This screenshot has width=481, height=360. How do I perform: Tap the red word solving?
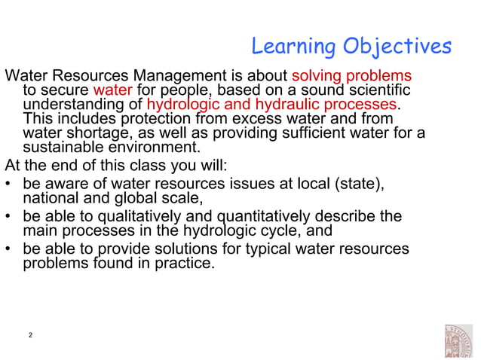pyautogui.click(x=317, y=77)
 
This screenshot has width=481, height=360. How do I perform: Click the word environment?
pyautogui.click(x=156, y=147)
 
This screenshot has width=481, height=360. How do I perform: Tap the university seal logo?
pyautogui.click(x=458, y=340)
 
